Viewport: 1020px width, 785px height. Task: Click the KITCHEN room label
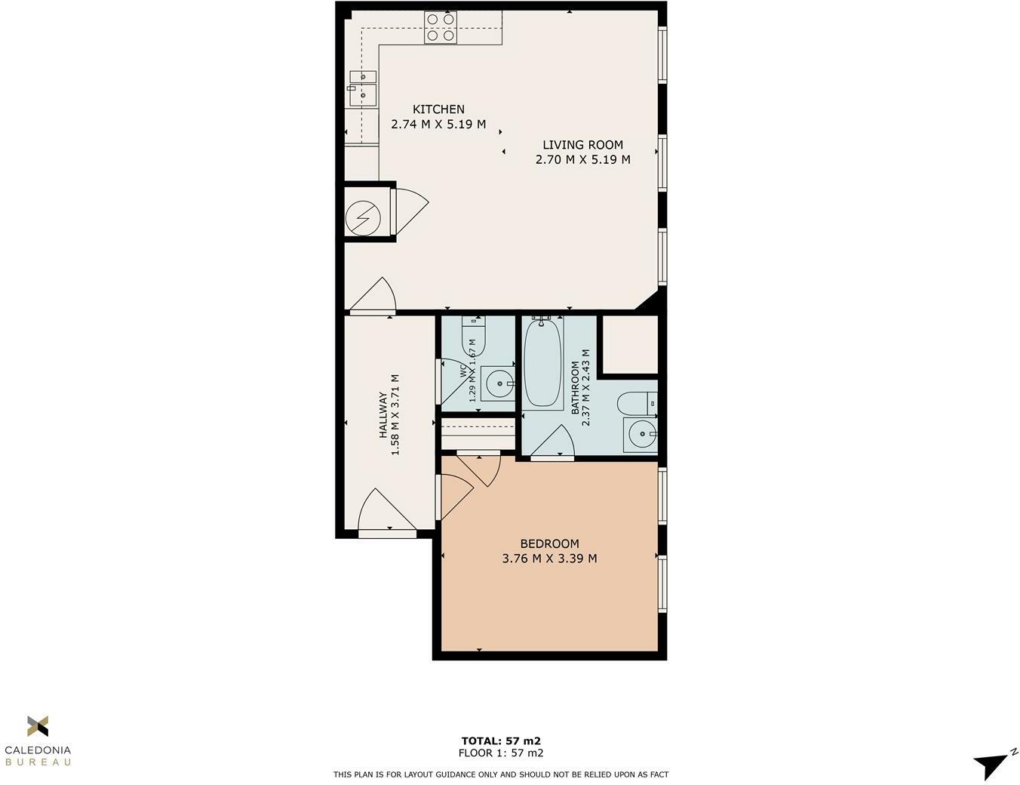(438, 109)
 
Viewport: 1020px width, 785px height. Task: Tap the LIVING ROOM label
(582, 145)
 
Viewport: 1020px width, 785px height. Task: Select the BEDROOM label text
(549, 543)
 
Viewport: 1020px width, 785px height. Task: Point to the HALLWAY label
(382, 415)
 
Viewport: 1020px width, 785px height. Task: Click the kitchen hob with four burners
(440, 27)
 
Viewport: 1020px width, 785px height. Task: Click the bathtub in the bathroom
(542, 363)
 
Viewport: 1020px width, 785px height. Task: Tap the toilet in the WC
(473, 331)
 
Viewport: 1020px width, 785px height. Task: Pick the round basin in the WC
(498, 383)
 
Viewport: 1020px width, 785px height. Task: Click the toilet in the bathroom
(636, 405)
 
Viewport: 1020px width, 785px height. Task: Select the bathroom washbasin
(641, 434)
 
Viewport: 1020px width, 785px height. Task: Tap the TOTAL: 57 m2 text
(501, 740)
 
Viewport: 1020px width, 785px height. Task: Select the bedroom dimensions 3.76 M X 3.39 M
(549, 559)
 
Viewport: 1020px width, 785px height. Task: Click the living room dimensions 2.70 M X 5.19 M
(582, 160)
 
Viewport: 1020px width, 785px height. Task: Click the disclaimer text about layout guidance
(501, 774)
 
